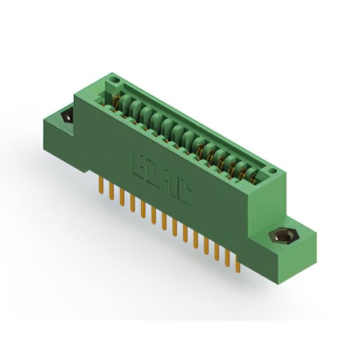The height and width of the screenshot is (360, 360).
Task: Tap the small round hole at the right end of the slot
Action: point(272,169)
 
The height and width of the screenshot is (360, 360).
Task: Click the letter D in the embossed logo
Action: point(151,173)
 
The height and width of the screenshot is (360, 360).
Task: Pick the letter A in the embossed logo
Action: point(168,183)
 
